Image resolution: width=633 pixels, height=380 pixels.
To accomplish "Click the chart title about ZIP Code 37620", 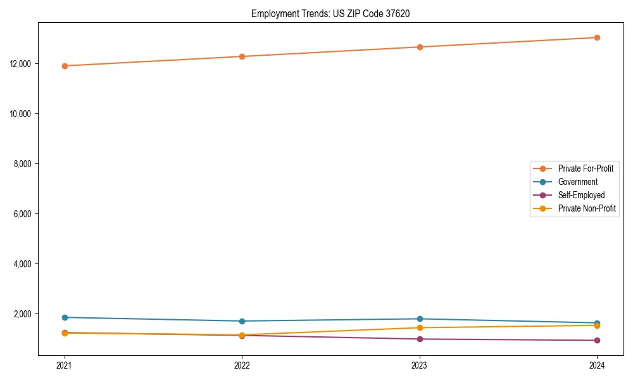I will (x=330, y=13).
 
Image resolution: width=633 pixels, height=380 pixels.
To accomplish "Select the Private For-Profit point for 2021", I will (x=65, y=66).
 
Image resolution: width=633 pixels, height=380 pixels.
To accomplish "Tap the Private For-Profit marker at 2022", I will (x=242, y=56).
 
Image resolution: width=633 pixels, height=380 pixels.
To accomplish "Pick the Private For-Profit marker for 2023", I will (x=420, y=47).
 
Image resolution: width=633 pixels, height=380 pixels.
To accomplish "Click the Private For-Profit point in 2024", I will (x=597, y=37).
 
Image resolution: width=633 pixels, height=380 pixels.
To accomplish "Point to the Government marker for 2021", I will (x=65, y=317).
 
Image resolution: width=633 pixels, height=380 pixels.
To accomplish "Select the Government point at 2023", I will (x=420, y=319).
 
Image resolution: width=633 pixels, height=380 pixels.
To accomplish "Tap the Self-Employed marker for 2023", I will (x=420, y=339).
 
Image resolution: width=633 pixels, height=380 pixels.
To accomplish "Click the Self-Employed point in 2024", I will (x=597, y=340).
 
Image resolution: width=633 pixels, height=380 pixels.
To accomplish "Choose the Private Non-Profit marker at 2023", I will (x=420, y=327).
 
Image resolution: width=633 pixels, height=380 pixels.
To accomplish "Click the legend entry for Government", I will (x=577, y=182).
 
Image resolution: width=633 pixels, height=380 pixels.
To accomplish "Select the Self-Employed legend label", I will (x=581, y=195).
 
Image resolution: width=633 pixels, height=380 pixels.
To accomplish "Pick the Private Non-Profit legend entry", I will (x=587, y=208).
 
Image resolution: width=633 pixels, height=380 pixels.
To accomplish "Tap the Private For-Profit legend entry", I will (x=586, y=168).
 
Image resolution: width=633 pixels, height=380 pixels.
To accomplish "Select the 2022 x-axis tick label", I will (x=242, y=365).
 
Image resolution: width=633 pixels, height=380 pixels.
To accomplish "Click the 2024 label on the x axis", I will (x=597, y=365).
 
